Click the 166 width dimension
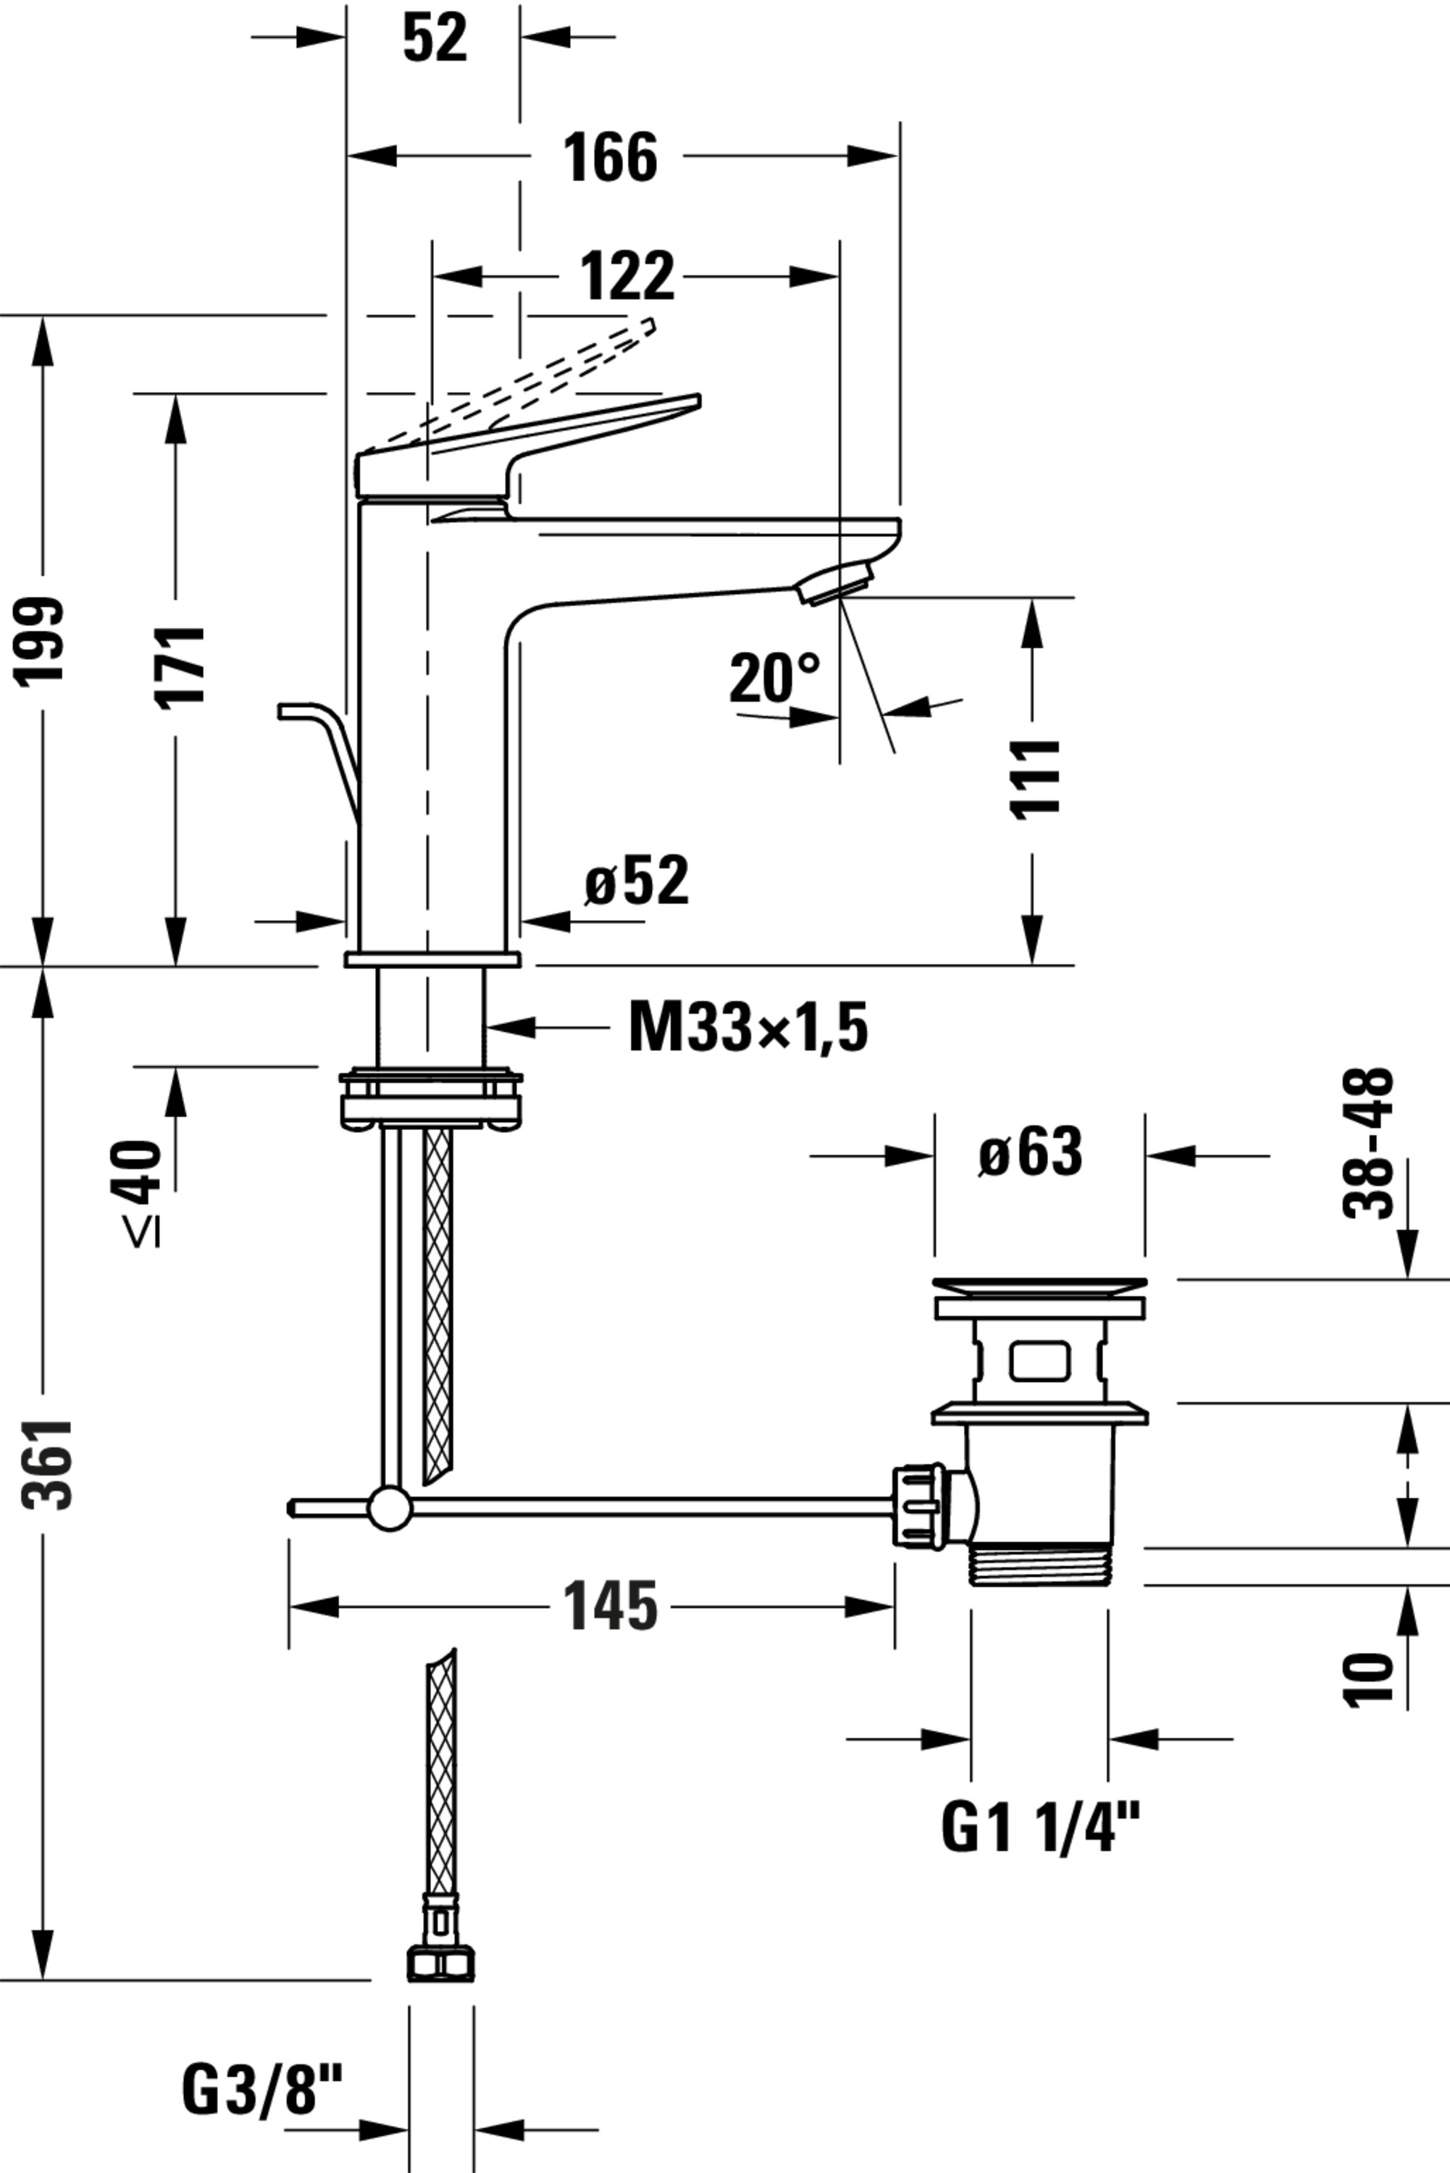611,157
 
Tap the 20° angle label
774,678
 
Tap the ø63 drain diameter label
1030,1153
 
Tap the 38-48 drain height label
1367,1144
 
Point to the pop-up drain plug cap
1039,1284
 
